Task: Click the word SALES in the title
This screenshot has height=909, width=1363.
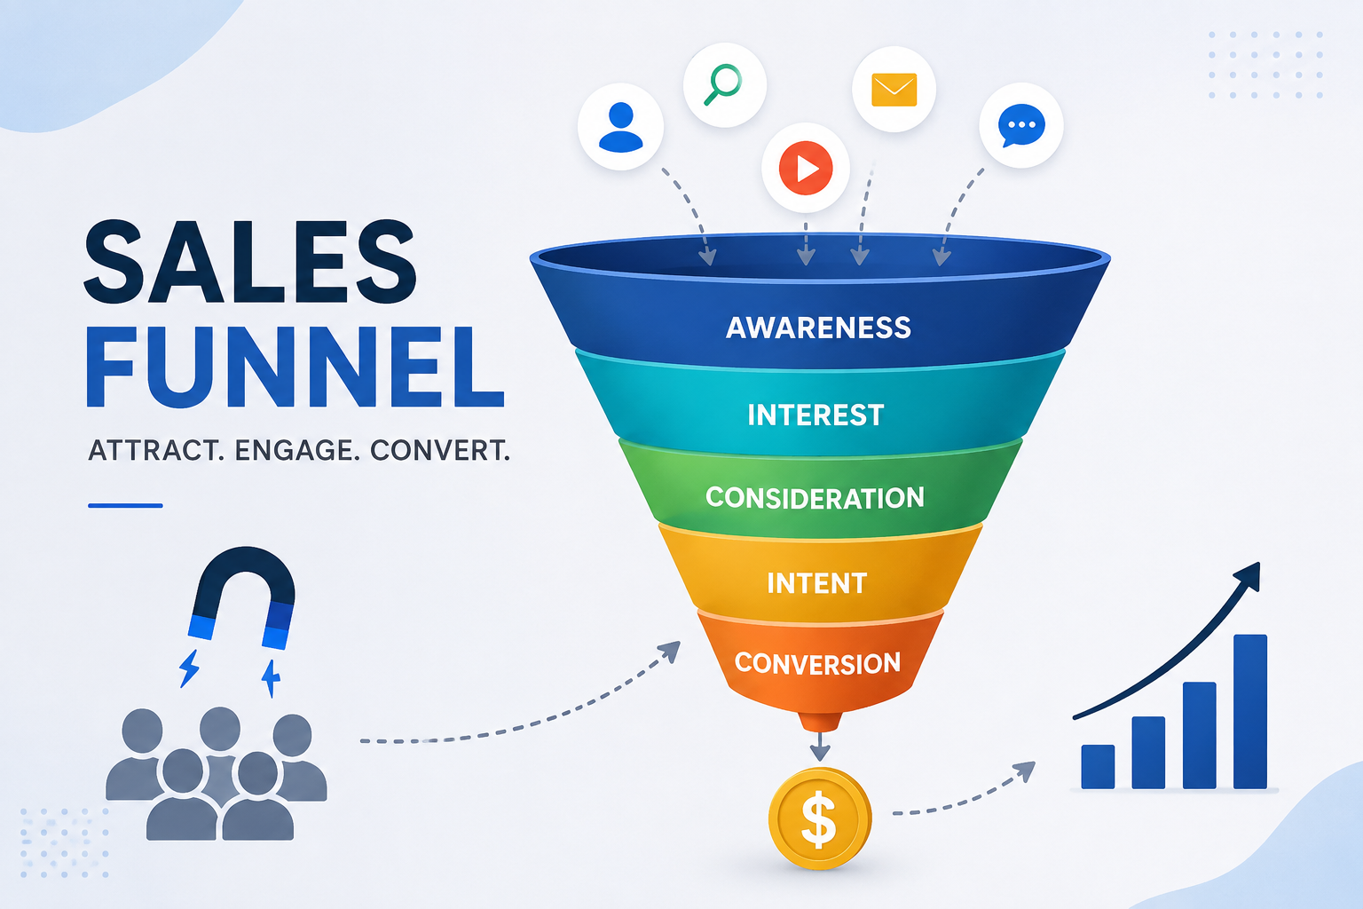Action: point(250,261)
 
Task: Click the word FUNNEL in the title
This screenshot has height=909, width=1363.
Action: point(295,368)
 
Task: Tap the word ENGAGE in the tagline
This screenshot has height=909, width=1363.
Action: point(294,451)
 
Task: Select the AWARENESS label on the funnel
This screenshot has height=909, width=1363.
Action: point(818,328)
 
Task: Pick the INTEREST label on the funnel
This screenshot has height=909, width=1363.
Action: point(815,415)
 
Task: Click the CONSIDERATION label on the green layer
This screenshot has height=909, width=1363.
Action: point(815,498)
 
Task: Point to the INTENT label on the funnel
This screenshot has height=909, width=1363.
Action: point(816,583)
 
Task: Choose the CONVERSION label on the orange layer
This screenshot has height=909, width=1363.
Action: point(817,663)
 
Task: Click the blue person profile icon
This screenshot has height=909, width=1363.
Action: point(620,127)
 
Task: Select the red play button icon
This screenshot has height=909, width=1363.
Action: point(806,168)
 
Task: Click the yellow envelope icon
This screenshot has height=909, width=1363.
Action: point(894,90)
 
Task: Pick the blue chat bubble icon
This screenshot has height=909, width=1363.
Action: point(1021,125)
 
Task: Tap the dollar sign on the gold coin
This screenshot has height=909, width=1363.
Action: point(819,818)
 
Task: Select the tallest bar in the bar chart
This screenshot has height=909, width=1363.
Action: point(1249,712)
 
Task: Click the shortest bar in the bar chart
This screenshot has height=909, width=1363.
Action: point(1098,767)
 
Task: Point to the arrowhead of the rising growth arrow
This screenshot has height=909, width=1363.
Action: point(1250,574)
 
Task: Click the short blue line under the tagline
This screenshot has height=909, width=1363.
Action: point(125,505)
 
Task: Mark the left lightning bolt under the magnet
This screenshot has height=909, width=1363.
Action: point(189,668)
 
